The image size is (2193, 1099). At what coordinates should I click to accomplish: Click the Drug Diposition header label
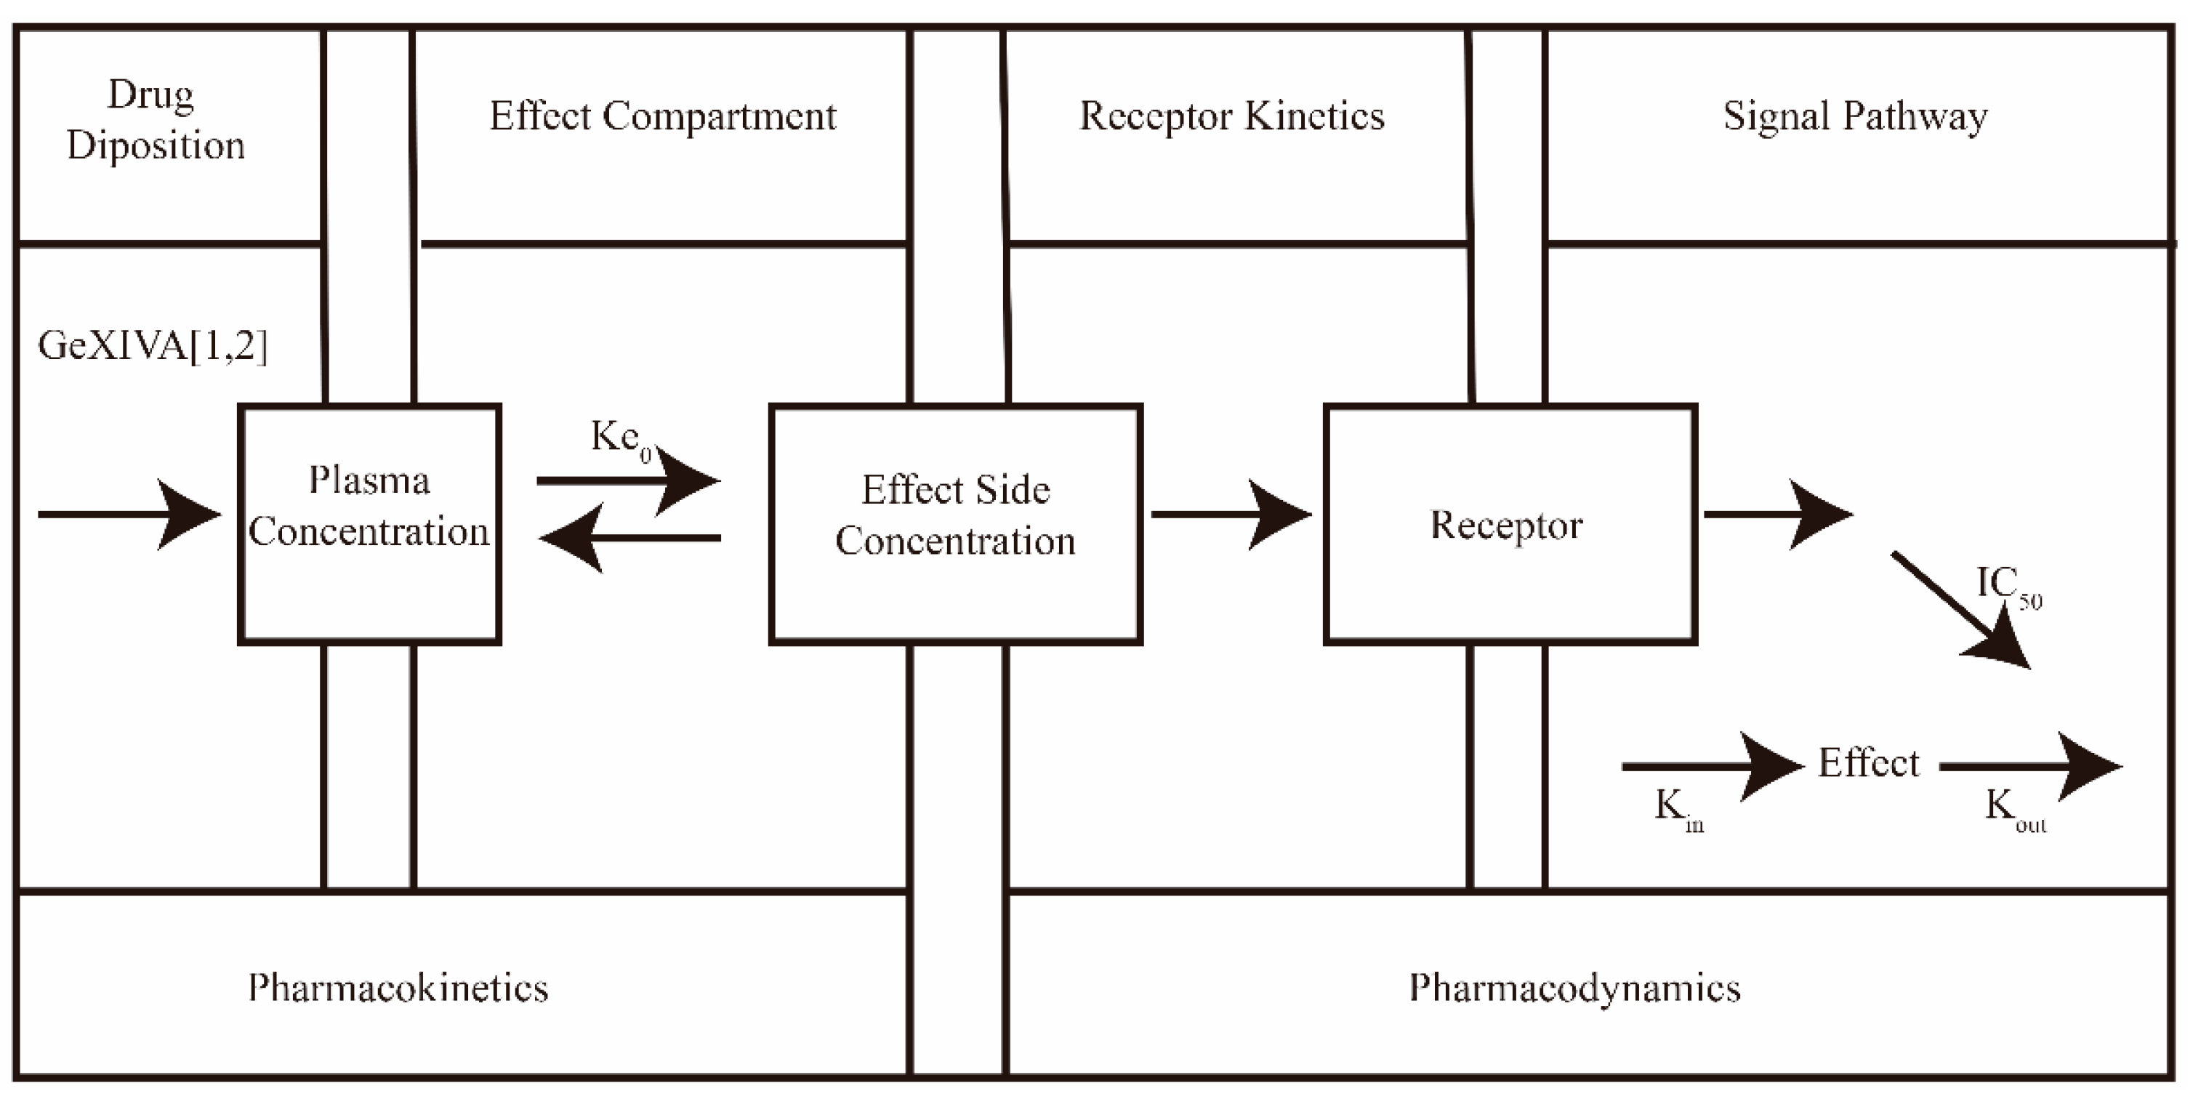coord(155,119)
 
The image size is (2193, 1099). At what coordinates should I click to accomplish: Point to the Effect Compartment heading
coord(662,116)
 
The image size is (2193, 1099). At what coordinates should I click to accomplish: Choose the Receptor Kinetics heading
coord(1232,116)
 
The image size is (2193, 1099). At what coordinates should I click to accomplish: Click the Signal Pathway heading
coord(1855,116)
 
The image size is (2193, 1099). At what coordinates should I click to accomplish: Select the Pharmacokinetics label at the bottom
coord(398,988)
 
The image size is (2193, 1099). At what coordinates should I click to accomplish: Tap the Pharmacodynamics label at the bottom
coord(1574,988)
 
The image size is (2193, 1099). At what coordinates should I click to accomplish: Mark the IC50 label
coord(2008,586)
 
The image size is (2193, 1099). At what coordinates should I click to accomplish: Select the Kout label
coord(2013,807)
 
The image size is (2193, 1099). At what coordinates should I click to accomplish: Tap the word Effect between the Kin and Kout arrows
coord(1868,762)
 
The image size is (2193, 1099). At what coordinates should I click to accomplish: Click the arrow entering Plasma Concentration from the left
coord(128,514)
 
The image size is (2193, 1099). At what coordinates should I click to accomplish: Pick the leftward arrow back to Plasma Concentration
coord(630,538)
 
